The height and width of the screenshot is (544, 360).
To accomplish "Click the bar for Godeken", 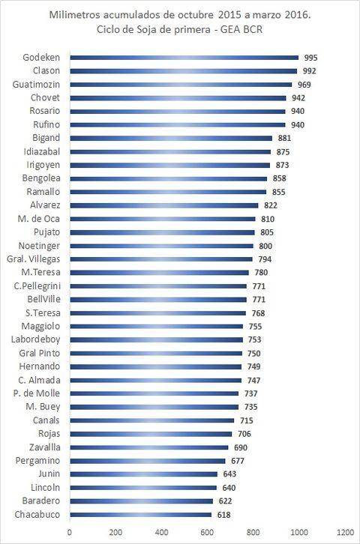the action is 184,58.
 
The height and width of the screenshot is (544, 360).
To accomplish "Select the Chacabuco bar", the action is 140,515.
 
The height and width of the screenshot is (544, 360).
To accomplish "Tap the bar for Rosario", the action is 178,112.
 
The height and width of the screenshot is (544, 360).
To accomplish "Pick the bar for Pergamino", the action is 148,461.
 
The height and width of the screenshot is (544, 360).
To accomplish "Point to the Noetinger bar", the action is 162,246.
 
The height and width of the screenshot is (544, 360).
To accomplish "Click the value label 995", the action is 310,58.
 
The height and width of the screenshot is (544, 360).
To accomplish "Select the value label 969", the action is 304,85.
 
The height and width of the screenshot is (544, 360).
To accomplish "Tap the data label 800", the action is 265,247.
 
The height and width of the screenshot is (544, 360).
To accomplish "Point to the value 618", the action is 224,515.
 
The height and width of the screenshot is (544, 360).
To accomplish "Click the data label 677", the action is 238,461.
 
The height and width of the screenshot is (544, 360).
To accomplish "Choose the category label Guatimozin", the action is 36,85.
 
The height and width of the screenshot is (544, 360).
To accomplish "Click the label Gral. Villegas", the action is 33,259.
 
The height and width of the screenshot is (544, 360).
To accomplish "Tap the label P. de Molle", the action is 37,393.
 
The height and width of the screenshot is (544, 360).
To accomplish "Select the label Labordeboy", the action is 35,339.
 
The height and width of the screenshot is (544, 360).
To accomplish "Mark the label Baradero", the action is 41,501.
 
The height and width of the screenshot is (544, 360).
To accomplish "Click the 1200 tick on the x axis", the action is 345,533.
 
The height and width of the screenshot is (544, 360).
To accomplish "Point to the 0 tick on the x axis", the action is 70,533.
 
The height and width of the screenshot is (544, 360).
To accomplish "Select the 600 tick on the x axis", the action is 207,533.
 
